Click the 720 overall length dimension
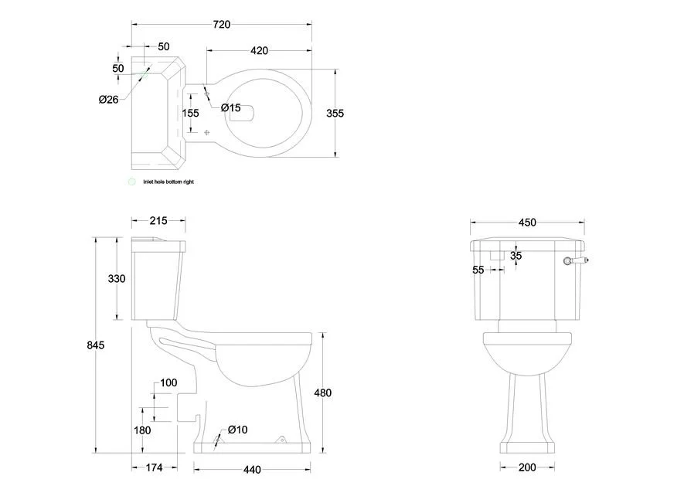(222, 25)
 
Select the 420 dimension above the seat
(259, 50)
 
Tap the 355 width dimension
(335, 113)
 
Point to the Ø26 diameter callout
(109, 100)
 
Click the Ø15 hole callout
(231, 107)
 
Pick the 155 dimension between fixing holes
(190, 113)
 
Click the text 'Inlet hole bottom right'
(168, 182)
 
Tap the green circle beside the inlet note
(131, 182)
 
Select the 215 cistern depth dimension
(158, 221)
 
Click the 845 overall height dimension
(96, 345)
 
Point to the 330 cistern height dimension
(117, 278)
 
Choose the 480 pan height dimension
(323, 393)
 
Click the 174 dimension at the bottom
(154, 467)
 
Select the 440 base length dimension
(252, 470)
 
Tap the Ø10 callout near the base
(238, 430)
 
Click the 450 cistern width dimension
(527, 223)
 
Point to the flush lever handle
(575, 261)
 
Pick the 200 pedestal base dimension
(527, 467)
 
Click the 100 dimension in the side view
(168, 382)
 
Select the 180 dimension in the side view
(142, 430)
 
